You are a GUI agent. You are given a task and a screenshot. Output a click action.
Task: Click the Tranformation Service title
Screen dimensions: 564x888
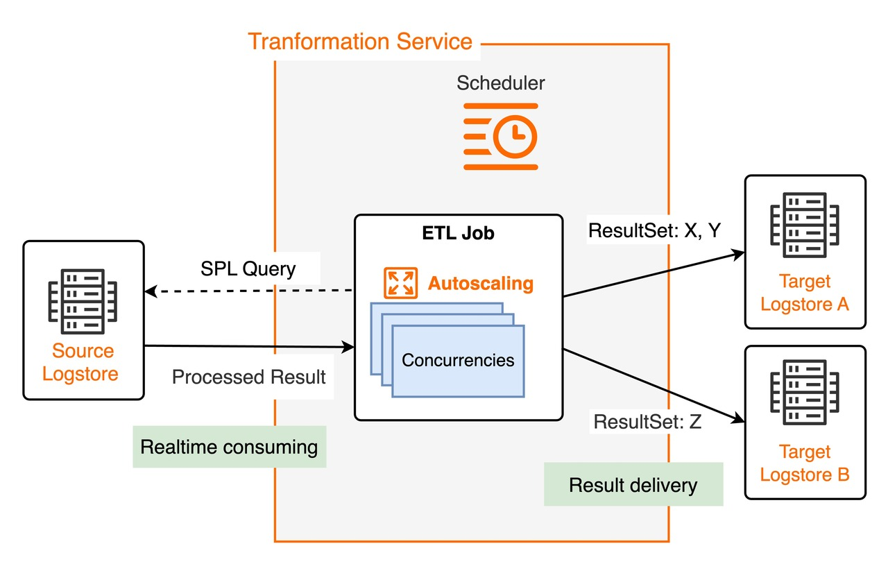tap(360, 41)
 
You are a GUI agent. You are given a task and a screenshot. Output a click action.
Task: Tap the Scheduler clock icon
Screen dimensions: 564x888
tap(500, 137)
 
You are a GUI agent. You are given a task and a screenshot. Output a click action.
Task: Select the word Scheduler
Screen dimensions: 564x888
tap(500, 83)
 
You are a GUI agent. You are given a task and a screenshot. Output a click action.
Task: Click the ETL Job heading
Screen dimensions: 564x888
tap(459, 233)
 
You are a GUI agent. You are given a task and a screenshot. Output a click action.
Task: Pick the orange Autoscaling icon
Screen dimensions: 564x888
tap(401, 283)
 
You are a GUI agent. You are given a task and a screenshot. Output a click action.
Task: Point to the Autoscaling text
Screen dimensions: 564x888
tap(480, 283)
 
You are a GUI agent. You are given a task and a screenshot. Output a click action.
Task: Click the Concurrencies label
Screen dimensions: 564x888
tap(458, 360)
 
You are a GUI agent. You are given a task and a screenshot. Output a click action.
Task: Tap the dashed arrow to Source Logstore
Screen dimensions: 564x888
tap(250, 291)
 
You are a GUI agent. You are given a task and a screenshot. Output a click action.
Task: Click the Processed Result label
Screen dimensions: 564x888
tap(248, 377)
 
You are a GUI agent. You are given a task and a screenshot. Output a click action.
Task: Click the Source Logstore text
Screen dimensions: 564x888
tap(83, 362)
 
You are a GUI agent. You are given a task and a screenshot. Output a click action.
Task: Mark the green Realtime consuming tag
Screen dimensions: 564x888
tap(229, 447)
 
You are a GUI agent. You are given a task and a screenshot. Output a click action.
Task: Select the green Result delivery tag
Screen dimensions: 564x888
tap(633, 484)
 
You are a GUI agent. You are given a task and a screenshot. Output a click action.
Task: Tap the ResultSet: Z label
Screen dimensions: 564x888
tap(647, 421)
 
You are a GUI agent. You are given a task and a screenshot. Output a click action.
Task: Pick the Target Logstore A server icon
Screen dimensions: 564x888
tap(805, 225)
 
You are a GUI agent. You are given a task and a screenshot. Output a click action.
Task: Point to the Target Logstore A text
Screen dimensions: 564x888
tap(805, 293)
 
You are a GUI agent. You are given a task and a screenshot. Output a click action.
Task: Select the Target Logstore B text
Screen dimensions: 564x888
tap(805, 463)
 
